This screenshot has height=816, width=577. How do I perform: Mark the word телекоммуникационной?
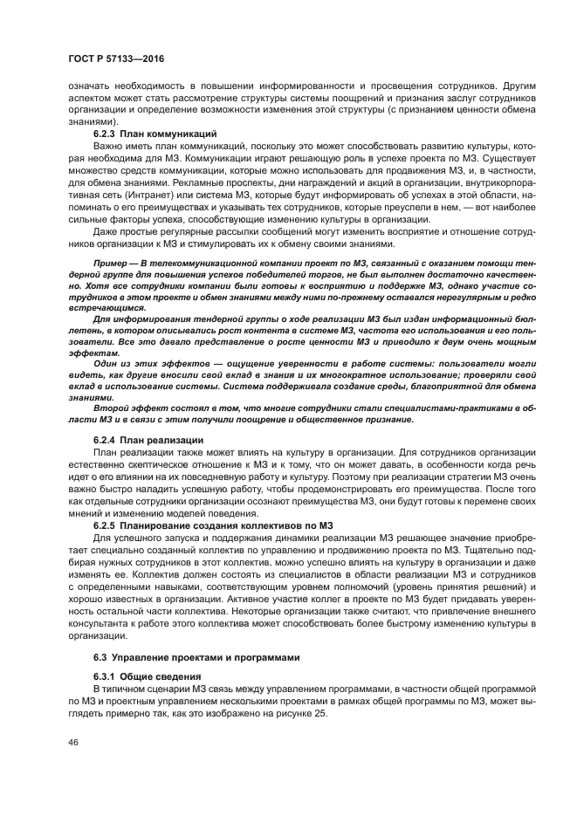tap(186, 264)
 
